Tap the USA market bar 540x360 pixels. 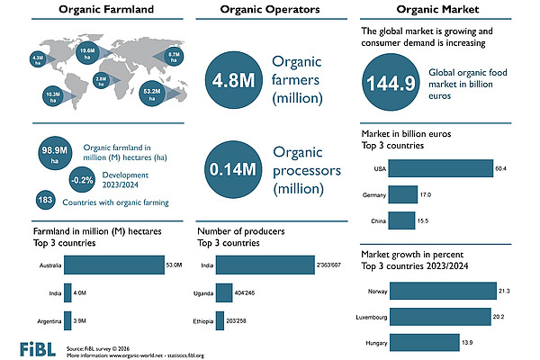pos(441,168)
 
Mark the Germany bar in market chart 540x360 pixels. pos(403,194)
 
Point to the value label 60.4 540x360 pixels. pos(501,168)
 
